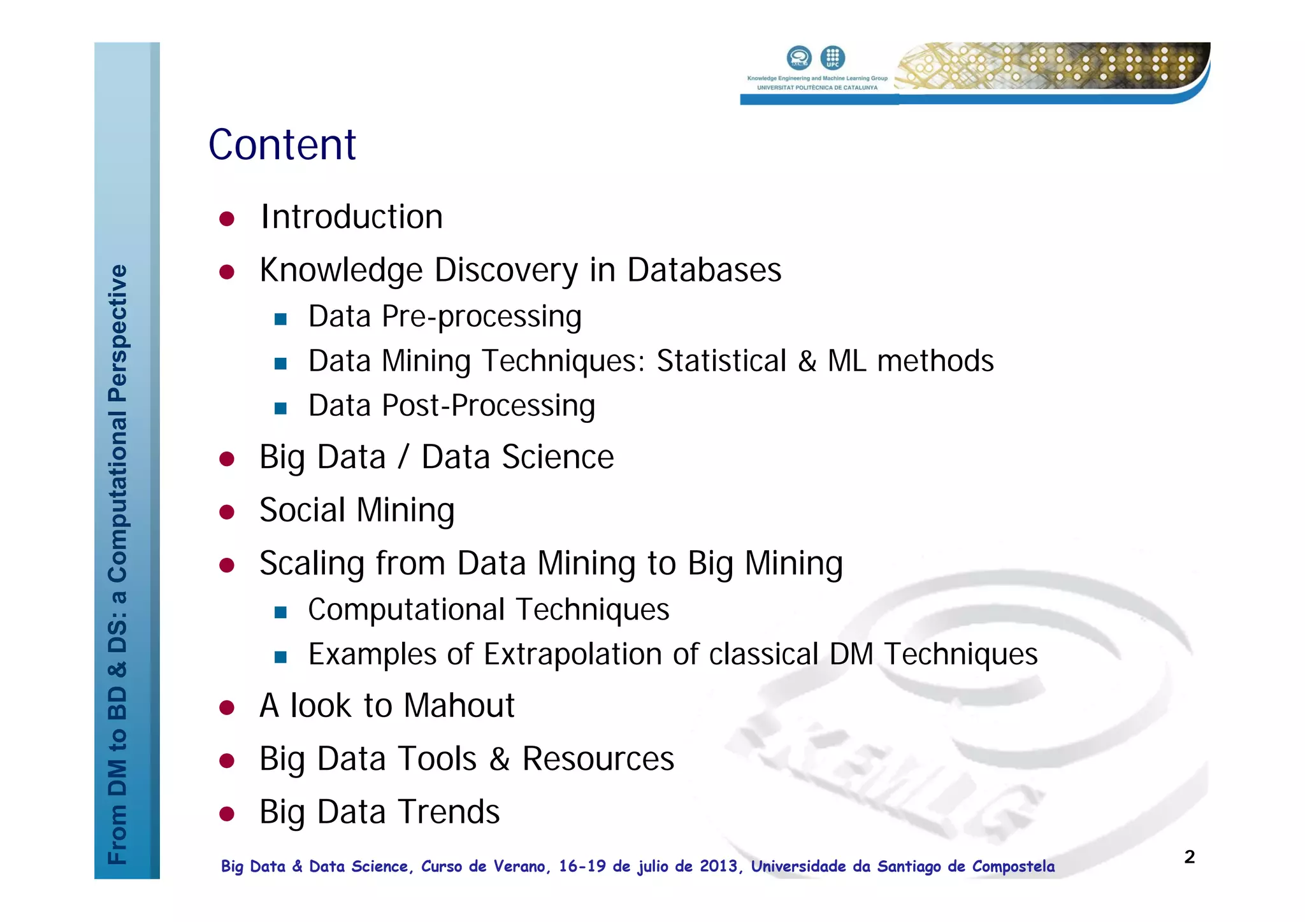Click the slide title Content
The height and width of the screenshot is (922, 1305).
[x=282, y=145]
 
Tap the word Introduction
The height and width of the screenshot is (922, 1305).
[x=351, y=217]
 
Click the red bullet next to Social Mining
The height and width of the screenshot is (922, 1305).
[x=227, y=512]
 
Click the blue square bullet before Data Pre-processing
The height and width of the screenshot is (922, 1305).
[x=280, y=318]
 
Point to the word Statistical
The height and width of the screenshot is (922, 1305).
[x=721, y=361]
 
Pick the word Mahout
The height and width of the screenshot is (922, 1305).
[x=459, y=706]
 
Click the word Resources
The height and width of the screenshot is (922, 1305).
[x=598, y=759]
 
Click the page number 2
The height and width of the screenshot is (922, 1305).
[x=1189, y=857]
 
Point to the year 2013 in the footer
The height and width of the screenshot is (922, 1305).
[x=718, y=867]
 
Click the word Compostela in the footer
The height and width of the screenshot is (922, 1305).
[x=1013, y=867]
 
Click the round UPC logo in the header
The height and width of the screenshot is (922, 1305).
[x=832, y=57]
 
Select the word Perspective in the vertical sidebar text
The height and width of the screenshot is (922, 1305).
[x=118, y=333]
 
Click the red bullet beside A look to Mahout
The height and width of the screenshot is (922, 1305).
[x=227, y=707]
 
